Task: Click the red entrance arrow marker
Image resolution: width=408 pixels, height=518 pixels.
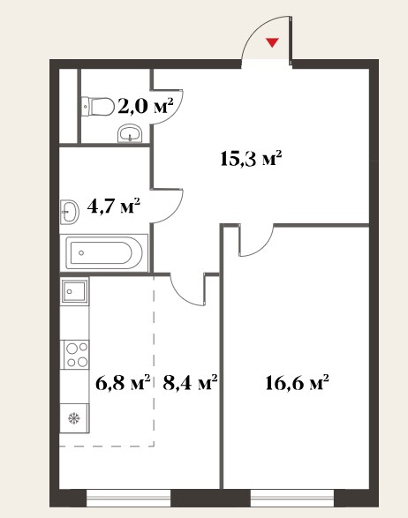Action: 272,42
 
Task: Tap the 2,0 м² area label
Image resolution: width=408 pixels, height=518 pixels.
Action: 146,106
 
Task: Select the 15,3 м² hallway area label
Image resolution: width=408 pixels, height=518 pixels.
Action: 251,159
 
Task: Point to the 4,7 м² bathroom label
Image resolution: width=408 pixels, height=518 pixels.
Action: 114,206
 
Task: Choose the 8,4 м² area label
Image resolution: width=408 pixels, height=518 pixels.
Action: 190,383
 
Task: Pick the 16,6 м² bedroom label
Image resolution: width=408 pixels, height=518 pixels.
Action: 297,383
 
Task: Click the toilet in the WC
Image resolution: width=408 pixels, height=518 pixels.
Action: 97,107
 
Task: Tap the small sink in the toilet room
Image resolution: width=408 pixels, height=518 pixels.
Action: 131,133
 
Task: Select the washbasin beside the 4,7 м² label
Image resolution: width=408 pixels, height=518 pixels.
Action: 70,212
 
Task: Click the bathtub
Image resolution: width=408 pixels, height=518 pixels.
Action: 104,252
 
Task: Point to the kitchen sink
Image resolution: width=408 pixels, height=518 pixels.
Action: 74,290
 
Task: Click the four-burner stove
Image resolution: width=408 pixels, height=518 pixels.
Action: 75,355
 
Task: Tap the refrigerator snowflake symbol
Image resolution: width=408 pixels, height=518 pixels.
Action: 74,418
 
